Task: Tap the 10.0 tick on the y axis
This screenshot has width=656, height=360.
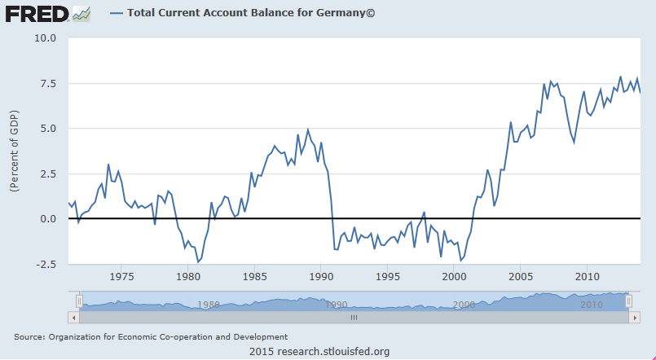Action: coord(44,37)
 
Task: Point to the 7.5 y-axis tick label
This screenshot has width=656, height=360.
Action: coord(46,83)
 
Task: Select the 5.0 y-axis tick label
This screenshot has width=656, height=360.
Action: coord(46,129)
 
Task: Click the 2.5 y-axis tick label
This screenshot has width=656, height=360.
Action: coord(46,173)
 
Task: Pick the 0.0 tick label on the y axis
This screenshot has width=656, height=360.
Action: coord(46,219)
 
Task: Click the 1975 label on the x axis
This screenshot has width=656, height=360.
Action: coord(121,275)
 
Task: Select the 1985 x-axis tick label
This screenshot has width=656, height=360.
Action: coord(254,275)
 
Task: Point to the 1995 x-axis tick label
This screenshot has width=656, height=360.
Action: coord(388,275)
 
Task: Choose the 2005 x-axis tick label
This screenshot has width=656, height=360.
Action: coord(521,275)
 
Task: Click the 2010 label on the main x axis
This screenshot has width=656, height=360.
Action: coord(588,275)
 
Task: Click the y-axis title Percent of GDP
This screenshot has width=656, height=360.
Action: coord(14,151)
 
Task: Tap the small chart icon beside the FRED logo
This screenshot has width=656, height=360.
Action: coord(81,14)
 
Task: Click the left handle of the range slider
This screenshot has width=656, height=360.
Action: coord(79,301)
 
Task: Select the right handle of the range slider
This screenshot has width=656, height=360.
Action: coord(628,301)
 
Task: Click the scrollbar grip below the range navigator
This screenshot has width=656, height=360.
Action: coord(354,318)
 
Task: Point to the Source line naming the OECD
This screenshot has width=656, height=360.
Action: coord(151,336)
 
